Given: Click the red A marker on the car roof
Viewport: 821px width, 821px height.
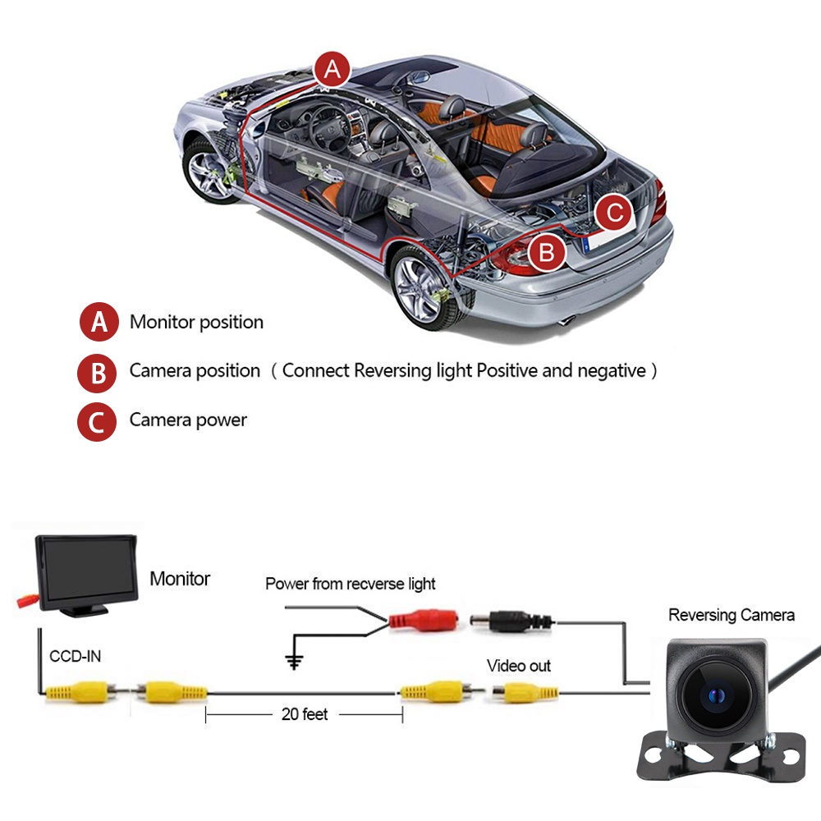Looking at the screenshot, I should click(332, 70).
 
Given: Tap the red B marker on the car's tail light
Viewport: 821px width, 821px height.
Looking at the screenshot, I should click(547, 252).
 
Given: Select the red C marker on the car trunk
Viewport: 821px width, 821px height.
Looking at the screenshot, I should click(614, 214).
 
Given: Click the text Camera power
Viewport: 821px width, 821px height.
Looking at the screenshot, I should click(188, 420).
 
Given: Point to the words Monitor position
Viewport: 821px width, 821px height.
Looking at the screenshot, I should click(196, 322).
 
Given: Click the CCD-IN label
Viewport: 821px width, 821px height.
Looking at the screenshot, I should click(76, 656).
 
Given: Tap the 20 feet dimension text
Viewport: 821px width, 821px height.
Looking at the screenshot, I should click(304, 714).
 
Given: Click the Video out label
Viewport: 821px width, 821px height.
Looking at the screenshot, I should click(519, 665).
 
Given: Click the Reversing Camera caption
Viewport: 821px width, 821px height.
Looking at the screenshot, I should click(731, 615).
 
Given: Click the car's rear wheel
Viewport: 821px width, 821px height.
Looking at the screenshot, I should click(420, 283).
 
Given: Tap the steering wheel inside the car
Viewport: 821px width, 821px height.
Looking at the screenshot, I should click(328, 124).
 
